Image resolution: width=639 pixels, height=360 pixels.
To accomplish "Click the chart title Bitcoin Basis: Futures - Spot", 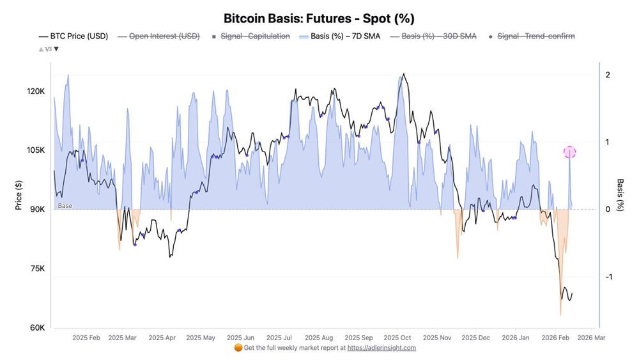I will tap(319, 19).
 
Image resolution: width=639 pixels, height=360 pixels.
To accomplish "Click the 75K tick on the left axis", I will tap(36, 269).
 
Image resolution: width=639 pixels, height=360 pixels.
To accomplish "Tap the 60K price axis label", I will tap(36, 328).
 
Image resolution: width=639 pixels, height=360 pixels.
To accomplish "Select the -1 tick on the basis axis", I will tap(608, 277).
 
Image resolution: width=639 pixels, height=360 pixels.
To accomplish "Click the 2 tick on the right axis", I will tap(608, 75).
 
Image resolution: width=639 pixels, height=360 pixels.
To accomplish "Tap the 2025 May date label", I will tap(201, 338).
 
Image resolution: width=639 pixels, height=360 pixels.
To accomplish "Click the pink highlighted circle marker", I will tap(570, 152).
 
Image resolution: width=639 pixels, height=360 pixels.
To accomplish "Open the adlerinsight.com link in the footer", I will tap(381, 348).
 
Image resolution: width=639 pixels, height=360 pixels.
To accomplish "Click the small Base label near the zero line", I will tap(65, 206).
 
